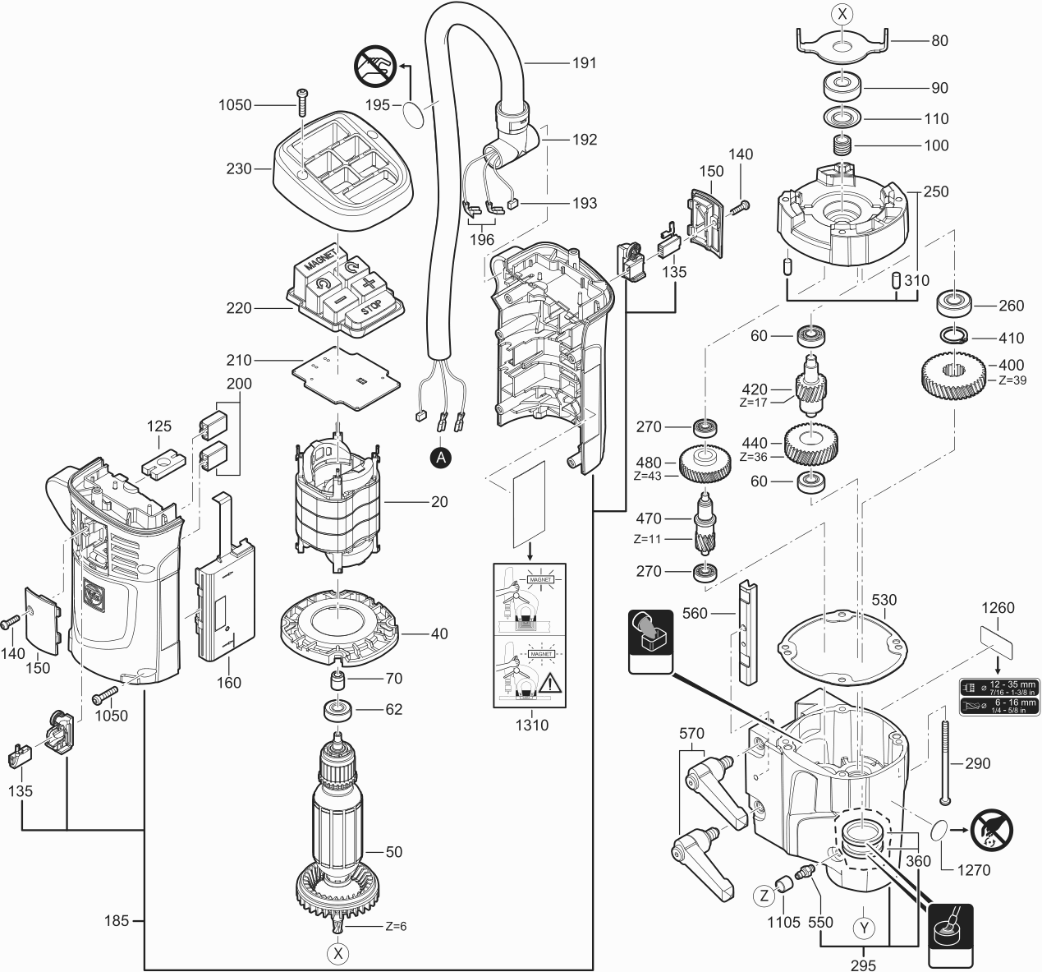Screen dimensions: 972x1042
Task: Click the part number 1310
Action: pyautogui.click(x=532, y=726)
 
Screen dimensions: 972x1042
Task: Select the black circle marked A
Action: pyautogui.click(x=441, y=458)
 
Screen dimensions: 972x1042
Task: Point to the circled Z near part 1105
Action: pyautogui.click(x=765, y=894)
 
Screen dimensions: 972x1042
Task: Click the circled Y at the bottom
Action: pyautogui.click(x=863, y=928)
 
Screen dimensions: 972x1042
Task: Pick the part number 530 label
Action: pyautogui.click(x=884, y=601)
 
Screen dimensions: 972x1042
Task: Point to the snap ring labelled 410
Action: pyautogui.click(x=953, y=334)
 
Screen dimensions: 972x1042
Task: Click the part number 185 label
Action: pyautogui.click(x=117, y=921)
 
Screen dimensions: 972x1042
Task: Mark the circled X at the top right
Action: pyautogui.click(x=841, y=13)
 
